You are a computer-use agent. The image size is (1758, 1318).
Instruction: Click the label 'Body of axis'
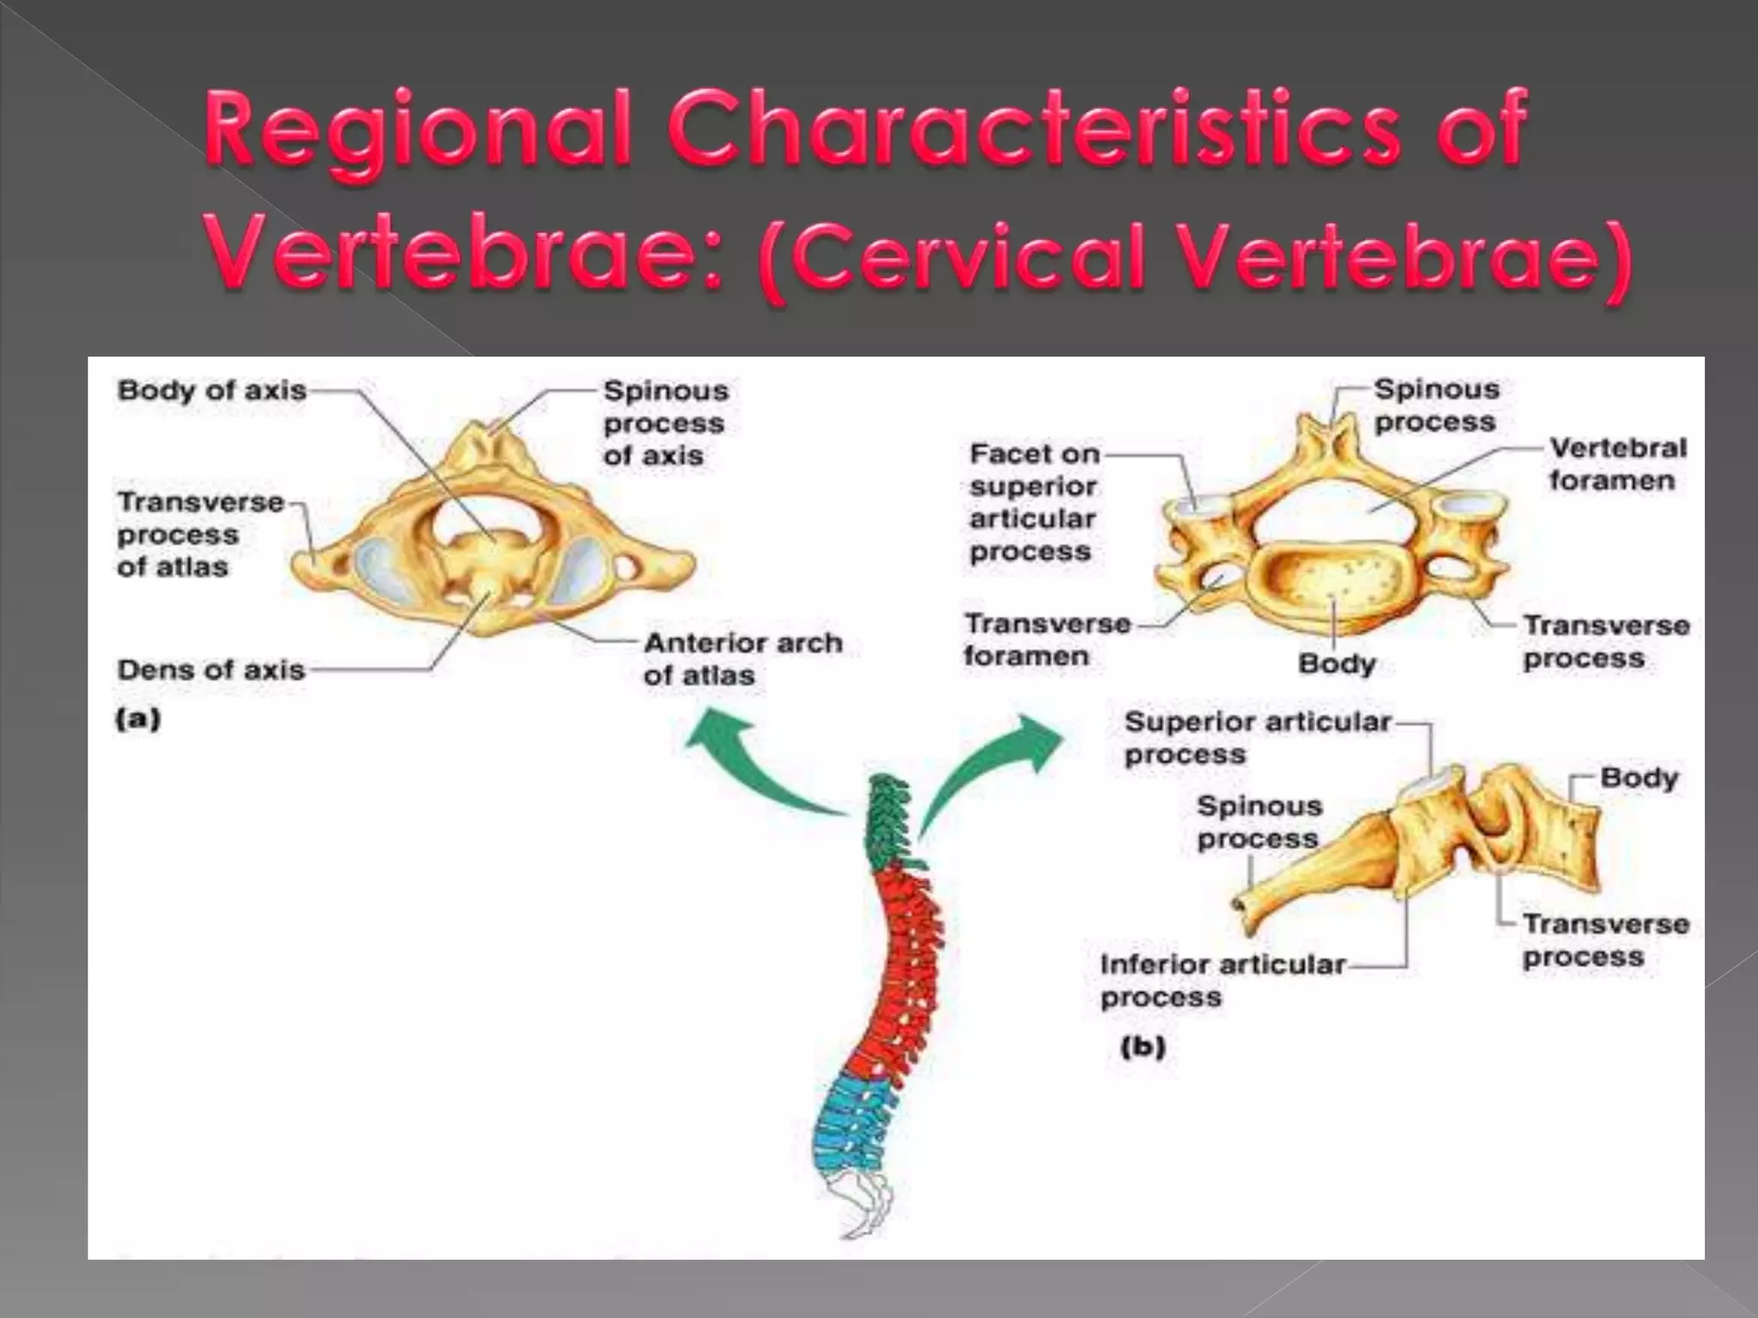pos(212,390)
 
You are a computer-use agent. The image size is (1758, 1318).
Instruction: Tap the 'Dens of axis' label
pos(211,669)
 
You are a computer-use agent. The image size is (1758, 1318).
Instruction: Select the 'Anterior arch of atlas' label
pos(742,659)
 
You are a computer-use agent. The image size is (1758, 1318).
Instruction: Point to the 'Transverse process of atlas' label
pos(199,534)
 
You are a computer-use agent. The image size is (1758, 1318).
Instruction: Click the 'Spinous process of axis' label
pos(665,423)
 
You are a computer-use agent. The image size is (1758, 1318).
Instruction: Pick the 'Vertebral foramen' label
pos(1617,463)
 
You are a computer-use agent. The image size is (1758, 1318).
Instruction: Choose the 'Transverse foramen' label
pos(1046,639)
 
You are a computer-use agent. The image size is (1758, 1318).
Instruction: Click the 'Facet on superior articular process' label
pos(1034,502)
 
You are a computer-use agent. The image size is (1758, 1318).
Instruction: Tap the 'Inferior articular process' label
pos(1222,981)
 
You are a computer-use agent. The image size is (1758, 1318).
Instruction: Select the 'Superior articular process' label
pos(1256,738)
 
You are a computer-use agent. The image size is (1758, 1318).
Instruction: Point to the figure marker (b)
pos(1143,1047)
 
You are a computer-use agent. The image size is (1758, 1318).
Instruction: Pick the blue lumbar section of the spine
pos(850,1124)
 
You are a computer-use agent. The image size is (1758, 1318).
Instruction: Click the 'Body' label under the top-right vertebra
pos(1337,663)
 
